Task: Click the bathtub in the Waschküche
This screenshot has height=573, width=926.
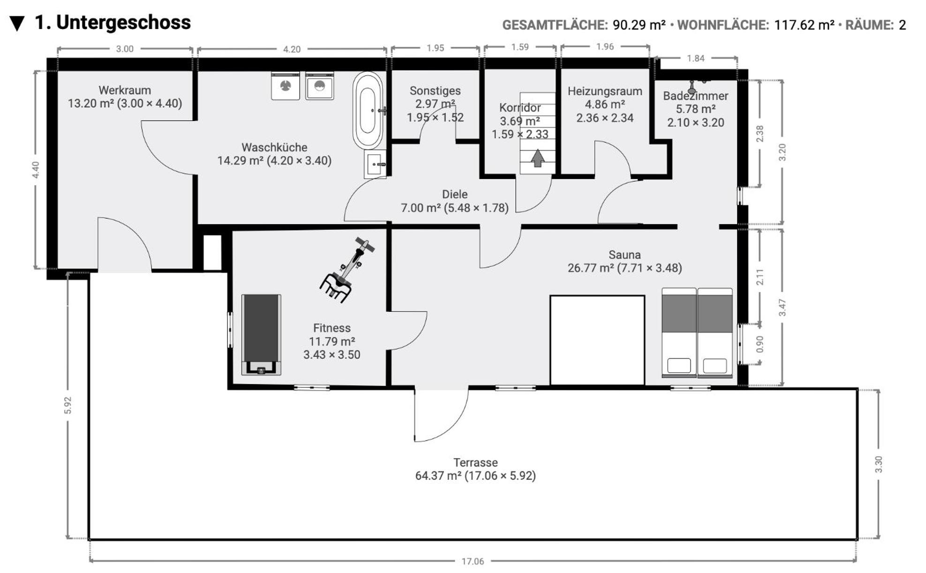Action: (x=368, y=111)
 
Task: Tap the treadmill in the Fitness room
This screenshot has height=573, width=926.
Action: (x=261, y=335)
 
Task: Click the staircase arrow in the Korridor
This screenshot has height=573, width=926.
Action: (x=537, y=158)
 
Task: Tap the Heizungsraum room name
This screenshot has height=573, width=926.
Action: (x=605, y=91)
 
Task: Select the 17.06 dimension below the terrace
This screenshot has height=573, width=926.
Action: (x=473, y=561)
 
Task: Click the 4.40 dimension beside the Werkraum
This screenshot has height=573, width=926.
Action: (x=36, y=170)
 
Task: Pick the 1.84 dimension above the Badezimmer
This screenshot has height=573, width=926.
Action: (x=696, y=58)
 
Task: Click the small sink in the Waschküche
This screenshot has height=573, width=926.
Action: (x=375, y=164)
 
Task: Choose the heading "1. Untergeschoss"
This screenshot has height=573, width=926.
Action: (x=113, y=23)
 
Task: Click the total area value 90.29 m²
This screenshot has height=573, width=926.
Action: (x=639, y=25)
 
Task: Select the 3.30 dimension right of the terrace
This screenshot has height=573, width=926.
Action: (x=879, y=464)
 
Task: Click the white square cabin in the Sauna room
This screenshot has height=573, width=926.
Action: (x=597, y=340)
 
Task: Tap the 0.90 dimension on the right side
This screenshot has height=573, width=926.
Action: (x=760, y=344)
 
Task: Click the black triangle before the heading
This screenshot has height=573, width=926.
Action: (x=17, y=23)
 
